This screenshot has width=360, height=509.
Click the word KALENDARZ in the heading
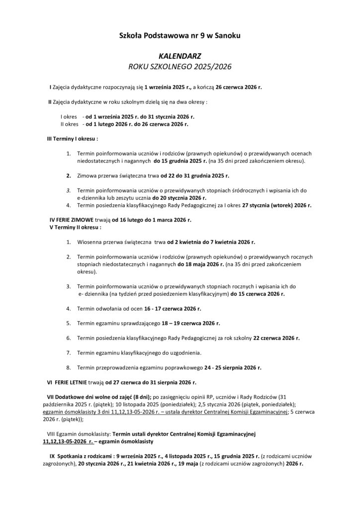click(180, 57)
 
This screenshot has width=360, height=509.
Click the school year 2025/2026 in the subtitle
click(209, 67)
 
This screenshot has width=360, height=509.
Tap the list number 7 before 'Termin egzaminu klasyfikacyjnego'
click(68, 353)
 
